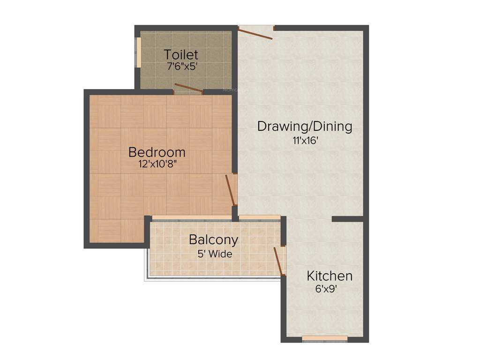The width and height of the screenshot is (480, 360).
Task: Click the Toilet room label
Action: tap(181, 55)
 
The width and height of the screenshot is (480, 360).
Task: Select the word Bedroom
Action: tap(157, 152)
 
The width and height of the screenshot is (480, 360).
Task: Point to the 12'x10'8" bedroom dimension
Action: tap(157, 164)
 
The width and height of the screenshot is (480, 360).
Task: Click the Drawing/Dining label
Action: tap(305, 127)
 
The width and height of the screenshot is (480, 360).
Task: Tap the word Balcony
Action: tap(213, 240)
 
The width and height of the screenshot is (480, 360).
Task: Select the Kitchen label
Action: tap(330, 276)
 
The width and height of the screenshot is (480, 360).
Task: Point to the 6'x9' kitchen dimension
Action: tap(326, 289)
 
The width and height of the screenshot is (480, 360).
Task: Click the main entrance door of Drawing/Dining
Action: tap(255, 33)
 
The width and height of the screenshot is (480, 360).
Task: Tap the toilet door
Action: tap(188, 88)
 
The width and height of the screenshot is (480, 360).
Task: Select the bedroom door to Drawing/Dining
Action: tap(230, 190)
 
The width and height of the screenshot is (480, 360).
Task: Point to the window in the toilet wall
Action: tap(138, 52)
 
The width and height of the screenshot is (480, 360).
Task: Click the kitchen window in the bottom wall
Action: tap(324, 338)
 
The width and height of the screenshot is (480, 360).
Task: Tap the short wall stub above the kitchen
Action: tap(347, 219)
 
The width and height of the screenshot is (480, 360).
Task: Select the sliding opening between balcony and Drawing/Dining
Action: tap(260, 217)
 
